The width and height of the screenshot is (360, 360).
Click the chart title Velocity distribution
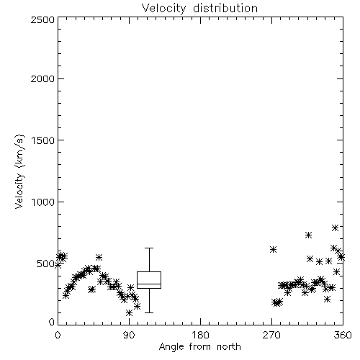click(x=199, y=8)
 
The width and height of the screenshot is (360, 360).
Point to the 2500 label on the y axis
click(x=42, y=19)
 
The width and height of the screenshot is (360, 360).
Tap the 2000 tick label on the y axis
click(x=42, y=79)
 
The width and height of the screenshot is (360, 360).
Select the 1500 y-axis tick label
click(x=43, y=140)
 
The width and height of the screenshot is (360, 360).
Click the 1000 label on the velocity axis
click(x=43, y=202)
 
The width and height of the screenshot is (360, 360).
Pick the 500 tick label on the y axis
click(x=46, y=264)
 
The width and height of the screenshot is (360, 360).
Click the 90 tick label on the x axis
click(x=129, y=335)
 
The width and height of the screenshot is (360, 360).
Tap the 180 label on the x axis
click(x=200, y=335)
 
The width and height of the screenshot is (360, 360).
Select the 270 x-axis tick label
click(x=271, y=335)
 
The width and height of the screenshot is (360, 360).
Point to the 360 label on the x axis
click(x=343, y=335)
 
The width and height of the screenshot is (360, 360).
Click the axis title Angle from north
click(x=199, y=347)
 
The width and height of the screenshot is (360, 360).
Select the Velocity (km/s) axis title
click(x=19, y=171)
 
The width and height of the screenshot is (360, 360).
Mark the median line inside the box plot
click(x=149, y=284)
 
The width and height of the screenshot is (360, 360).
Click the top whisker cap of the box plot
click(x=149, y=248)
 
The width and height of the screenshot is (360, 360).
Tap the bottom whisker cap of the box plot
click(x=149, y=312)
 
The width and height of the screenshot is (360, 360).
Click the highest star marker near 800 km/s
click(x=336, y=228)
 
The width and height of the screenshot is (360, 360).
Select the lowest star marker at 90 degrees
click(x=130, y=313)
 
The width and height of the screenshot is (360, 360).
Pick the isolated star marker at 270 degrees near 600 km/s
click(x=273, y=250)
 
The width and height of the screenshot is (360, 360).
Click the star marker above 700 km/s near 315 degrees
click(x=309, y=235)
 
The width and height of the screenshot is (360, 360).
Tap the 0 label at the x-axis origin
click(x=58, y=335)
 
